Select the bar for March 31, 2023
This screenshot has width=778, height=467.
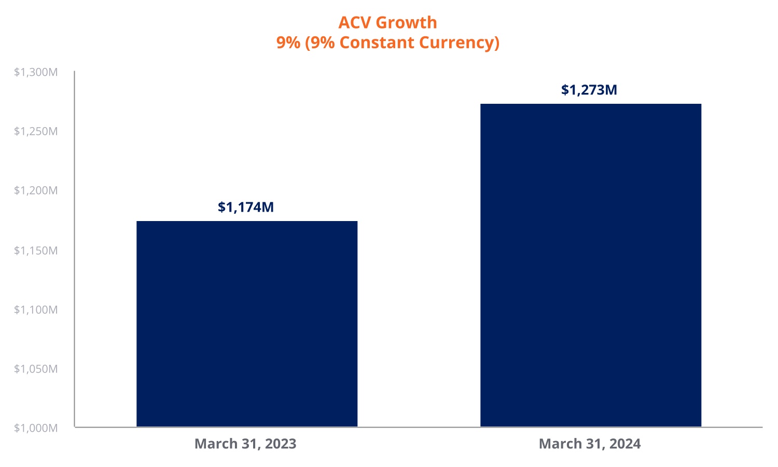[x=247, y=324]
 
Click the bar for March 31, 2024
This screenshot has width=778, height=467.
[x=591, y=265]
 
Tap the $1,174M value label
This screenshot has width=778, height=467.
[x=246, y=207]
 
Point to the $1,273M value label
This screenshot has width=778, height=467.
[x=589, y=90]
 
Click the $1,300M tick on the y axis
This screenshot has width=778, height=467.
[x=36, y=72]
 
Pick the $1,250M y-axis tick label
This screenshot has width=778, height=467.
[x=36, y=131]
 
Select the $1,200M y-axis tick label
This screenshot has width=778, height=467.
[x=36, y=190]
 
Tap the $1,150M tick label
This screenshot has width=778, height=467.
[x=36, y=251]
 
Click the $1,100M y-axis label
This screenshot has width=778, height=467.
[x=36, y=310]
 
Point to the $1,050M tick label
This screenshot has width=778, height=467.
[x=36, y=369]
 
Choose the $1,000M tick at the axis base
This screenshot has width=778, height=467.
[x=36, y=428]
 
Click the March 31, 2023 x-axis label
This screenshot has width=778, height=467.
[x=245, y=444]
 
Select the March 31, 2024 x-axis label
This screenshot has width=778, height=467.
[x=590, y=444]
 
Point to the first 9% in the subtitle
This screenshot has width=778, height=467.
[x=288, y=42]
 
